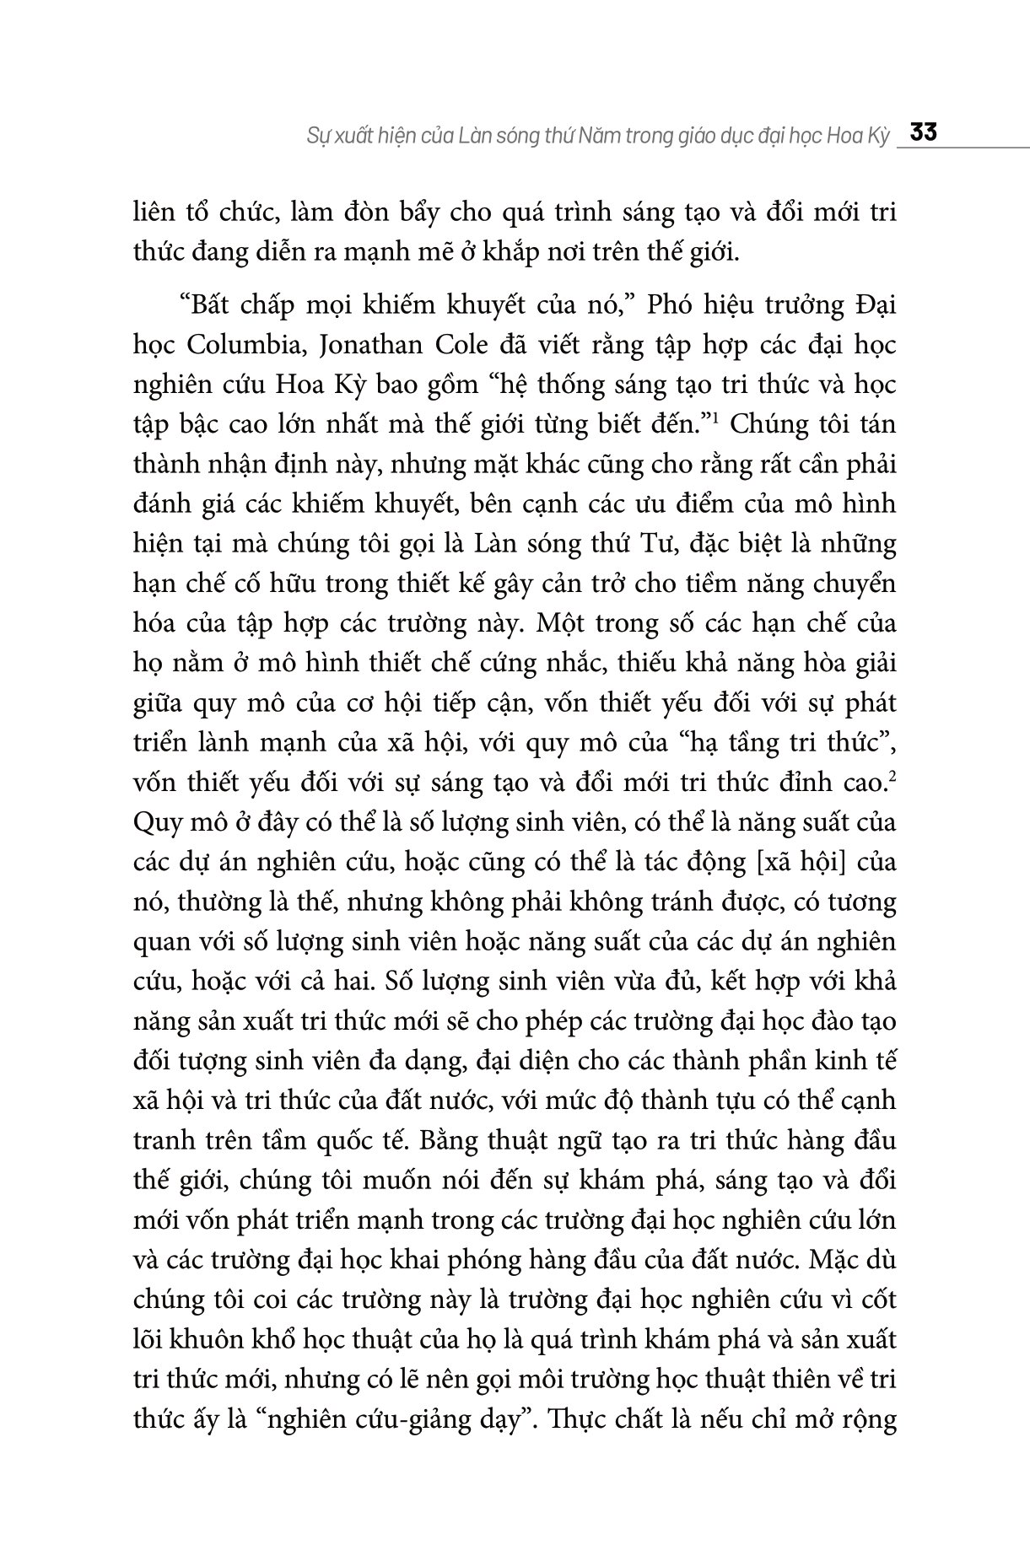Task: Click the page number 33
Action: [924, 134]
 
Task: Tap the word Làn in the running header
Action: [461, 136]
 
